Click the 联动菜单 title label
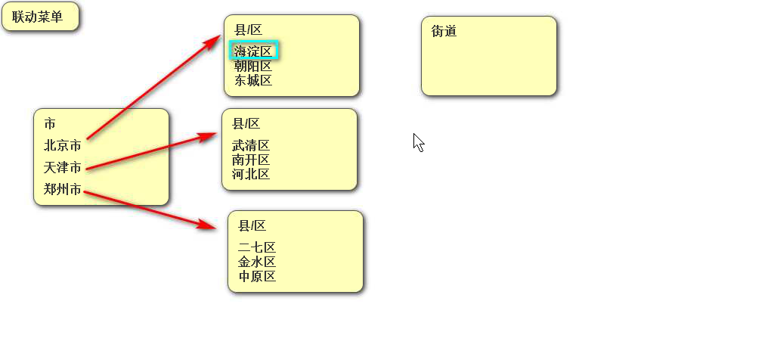pyautogui.click(x=37, y=17)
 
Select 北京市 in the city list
pyautogui.click(x=63, y=145)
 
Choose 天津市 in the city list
pyautogui.click(x=63, y=167)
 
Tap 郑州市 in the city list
pyautogui.click(x=63, y=189)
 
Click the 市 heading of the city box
pyautogui.click(x=50, y=123)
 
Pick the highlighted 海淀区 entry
pyautogui.click(x=253, y=51)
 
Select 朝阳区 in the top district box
pyautogui.click(x=253, y=66)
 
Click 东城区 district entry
pyautogui.click(x=253, y=80)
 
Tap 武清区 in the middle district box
pyautogui.click(x=251, y=145)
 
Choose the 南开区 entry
pyautogui.click(x=251, y=160)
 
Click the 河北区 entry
pyautogui.click(x=251, y=174)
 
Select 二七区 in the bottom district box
pyautogui.click(x=257, y=247)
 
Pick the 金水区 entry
pyautogui.click(x=257, y=262)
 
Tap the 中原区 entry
pyautogui.click(x=257, y=276)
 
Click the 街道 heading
pyautogui.click(x=444, y=31)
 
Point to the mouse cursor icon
pyautogui.click(x=418, y=142)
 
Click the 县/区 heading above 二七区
pyautogui.click(x=252, y=225)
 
